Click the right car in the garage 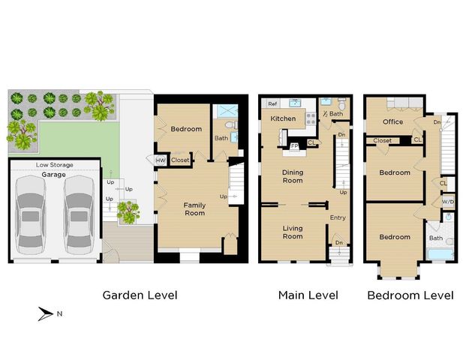click(77, 214)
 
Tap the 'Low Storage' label click(54, 164)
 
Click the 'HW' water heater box click(161, 160)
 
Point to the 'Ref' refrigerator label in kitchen click(272, 104)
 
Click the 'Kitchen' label click(282, 118)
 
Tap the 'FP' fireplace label click(295, 145)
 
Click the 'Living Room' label click(292, 232)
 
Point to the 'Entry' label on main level click(338, 218)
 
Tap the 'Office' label click(392, 121)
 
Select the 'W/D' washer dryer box click(447, 201)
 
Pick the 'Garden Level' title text click(140, 295)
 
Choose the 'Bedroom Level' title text click(410, 295)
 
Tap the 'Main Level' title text click(308, 295)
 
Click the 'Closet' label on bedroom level click(382, 140)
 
